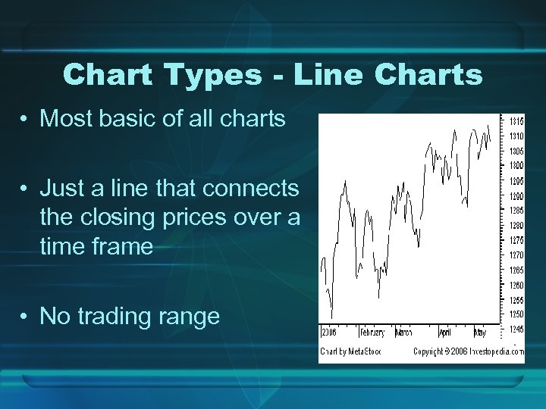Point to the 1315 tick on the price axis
pos(516,122)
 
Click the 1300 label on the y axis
pos(516,166)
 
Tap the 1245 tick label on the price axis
pos(516,329)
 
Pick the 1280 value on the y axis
pos(516,225)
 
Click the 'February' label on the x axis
pos(372,333)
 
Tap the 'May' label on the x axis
pos(481,333)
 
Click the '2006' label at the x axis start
pos(329,333)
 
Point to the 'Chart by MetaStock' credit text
pos(350,351)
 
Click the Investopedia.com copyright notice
pos(468,351)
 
